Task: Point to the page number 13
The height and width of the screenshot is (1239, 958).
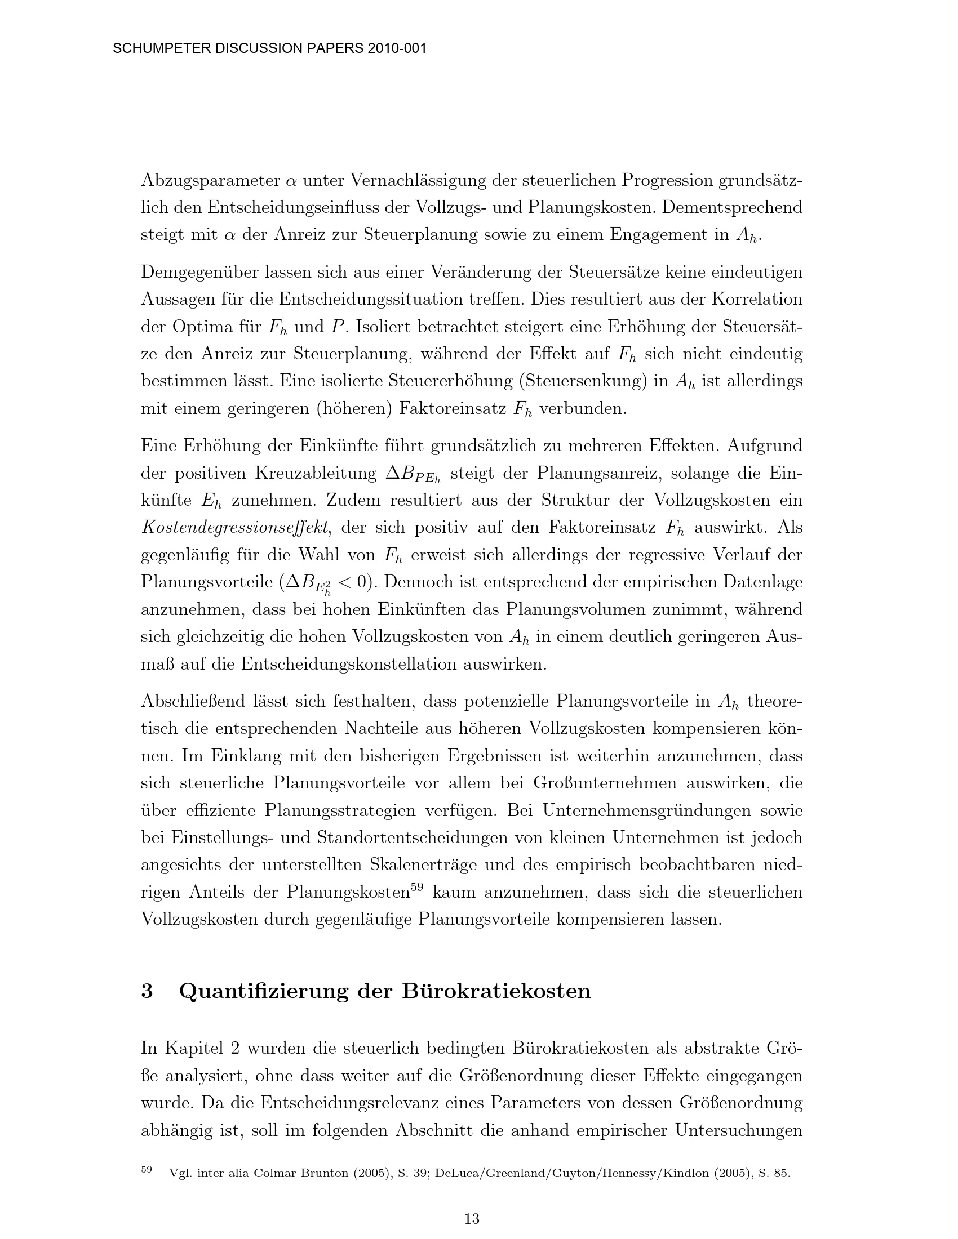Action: point(472,1218)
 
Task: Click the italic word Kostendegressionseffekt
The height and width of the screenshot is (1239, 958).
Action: point(234,528)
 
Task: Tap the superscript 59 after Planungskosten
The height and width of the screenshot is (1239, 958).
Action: point(417,887)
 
